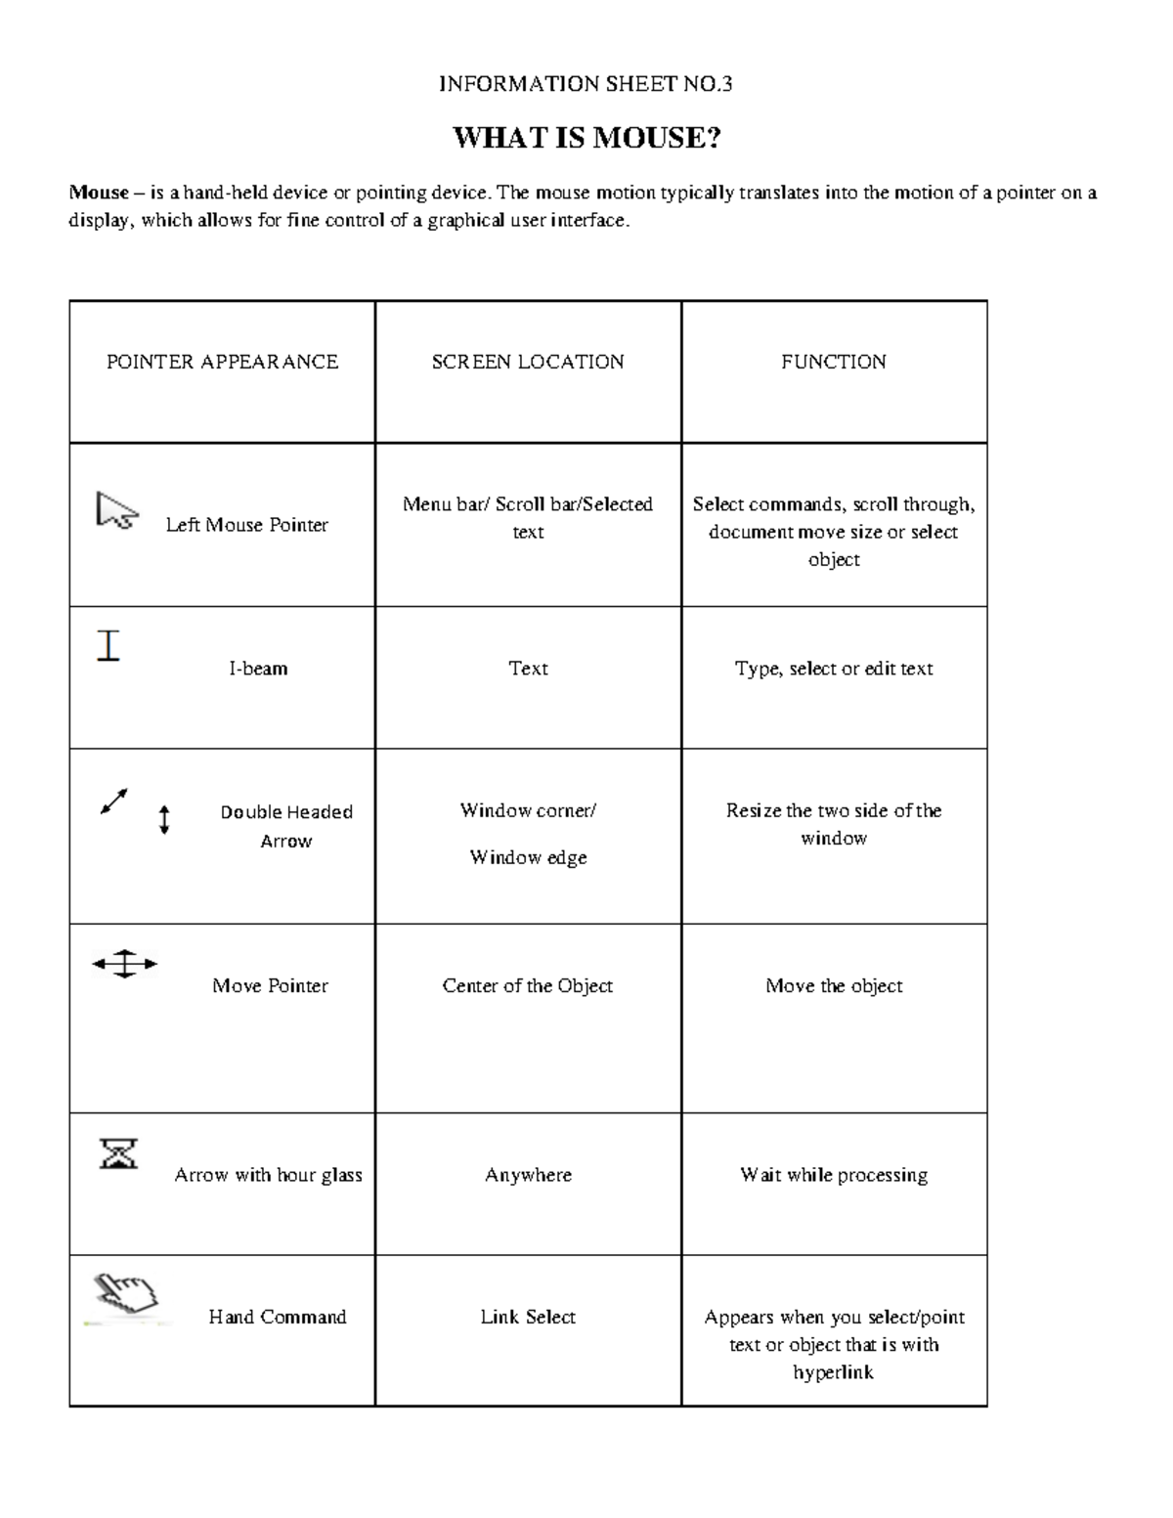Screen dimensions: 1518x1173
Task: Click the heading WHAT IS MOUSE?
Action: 586,139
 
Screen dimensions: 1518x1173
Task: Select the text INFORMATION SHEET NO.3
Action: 586,84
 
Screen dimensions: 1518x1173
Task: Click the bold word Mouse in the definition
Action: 98,193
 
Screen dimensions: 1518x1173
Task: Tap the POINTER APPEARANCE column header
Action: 222,362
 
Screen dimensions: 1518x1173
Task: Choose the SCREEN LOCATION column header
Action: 528,362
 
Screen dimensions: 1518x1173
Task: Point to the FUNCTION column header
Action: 833,362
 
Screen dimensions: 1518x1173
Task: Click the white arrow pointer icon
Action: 116,511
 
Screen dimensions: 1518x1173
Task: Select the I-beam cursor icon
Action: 109,646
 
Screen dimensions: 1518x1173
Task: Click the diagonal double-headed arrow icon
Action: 113,802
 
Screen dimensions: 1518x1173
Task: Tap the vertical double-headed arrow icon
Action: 164,819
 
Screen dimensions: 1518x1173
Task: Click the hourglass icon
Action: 118,1153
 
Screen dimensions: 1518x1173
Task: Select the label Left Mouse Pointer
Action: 246,525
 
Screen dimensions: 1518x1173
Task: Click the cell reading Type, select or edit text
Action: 833,669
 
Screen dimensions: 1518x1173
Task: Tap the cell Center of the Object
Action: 528,985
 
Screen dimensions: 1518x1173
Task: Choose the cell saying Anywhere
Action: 528,1175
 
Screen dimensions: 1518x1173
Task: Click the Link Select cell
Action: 528,1317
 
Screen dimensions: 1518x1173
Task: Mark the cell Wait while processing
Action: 833,1175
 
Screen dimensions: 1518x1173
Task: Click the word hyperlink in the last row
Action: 833,1372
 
